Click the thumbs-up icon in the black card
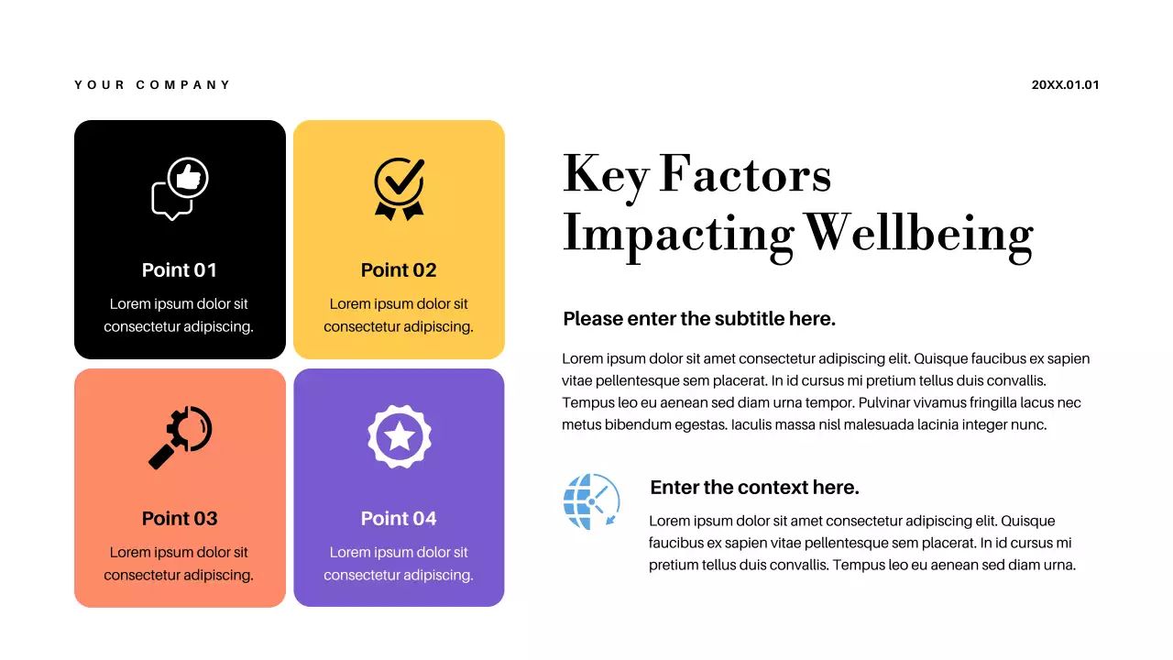tap(189, 177)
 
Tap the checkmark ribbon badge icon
tap(400, 188)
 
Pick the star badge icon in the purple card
tap(400, 436)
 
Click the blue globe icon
tap(591, 501)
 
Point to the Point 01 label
tap(180, 269)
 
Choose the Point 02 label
tap(399, 269)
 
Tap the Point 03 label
tap(180, 518)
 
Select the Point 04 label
tap(399, 518)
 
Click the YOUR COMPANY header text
tap(152, 85)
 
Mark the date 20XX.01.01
tap(1065, 85)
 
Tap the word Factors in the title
tap(745, 174)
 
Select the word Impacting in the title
tap(677, 233)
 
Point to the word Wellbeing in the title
tap(919, 233)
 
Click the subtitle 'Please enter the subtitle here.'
tap(699, 319)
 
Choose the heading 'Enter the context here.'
tap(754, 487)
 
